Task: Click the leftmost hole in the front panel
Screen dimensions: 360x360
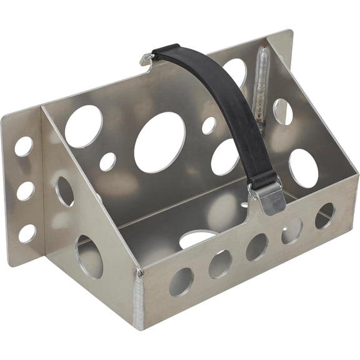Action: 181,281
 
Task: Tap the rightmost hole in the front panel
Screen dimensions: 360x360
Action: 324,216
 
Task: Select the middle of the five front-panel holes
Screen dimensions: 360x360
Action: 257,246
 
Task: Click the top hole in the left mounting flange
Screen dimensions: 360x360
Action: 24,146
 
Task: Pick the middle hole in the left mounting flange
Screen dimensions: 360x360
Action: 26,191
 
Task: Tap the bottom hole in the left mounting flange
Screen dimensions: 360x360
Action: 27,233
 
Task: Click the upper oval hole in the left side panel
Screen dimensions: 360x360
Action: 65,191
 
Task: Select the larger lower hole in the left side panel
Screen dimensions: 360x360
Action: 90,256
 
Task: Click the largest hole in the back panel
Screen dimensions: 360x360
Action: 160,142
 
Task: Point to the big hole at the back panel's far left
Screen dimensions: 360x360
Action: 84,126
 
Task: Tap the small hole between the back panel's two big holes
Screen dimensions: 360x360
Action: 107,161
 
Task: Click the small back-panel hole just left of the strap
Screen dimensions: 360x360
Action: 209,126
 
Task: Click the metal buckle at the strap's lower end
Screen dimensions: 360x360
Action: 267,194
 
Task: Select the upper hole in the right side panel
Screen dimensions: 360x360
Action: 282,111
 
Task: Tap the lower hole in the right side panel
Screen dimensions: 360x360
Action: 304,168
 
